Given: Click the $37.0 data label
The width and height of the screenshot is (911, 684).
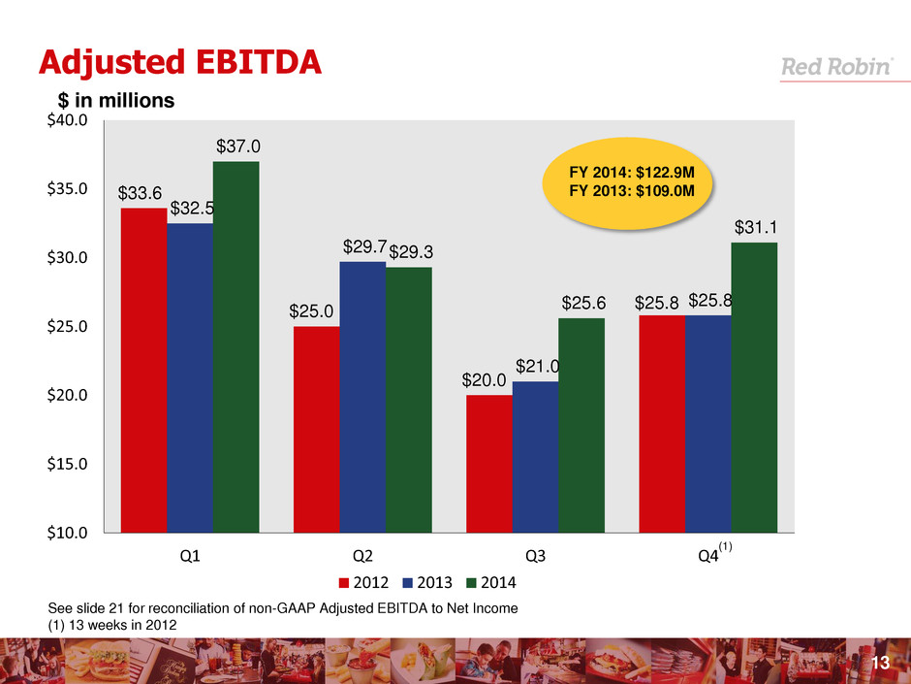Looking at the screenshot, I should (236, 147).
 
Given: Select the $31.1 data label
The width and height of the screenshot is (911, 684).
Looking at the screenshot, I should (753, 227).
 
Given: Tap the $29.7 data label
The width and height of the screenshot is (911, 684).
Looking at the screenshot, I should (363, 247).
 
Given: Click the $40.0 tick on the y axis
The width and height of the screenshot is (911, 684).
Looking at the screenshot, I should (68, 121).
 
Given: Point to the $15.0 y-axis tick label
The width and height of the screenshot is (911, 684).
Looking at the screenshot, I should (68, 464).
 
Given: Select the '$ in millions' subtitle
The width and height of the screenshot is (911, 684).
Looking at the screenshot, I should (113, 101).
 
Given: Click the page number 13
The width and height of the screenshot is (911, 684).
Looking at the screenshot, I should (880, 663).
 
